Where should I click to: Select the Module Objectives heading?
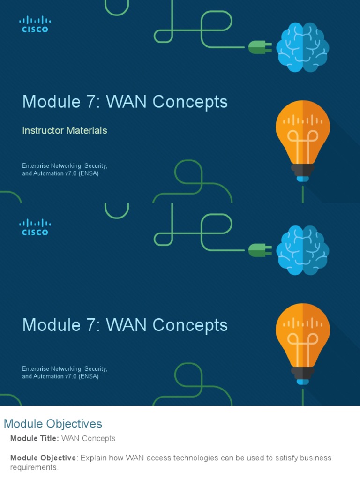click(x=53, y=424)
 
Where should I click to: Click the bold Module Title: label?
click(x=35, y=439)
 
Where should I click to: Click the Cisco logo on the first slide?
click(x=35, y=24)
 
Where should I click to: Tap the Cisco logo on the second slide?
click(x=35, y=227)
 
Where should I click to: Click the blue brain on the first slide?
click(x=302, y=47)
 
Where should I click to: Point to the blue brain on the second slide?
click(x=302, y=249)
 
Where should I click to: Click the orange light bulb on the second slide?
click(x=303, y=339)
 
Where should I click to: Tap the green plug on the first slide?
click(x=259, y=47)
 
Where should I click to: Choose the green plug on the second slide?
click(x=259, y=249)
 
